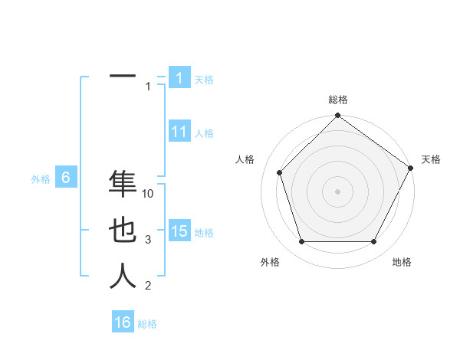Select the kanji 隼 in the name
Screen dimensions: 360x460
point(123,185)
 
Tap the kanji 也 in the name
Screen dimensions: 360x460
point(123,231)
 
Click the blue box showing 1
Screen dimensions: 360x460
point(179,77)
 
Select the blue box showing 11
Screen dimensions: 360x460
point(179,132)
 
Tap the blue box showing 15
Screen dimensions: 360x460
point(179,231)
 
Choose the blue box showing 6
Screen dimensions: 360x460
point(66,178)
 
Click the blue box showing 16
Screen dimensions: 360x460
point(123,322)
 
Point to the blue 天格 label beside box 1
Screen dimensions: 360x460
point(204,79)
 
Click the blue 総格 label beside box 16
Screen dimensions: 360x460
point(147,324)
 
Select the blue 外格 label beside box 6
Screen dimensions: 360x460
point(41,179)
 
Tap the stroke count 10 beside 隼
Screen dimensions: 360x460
point(148,194)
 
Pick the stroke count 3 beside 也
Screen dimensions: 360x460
point(148,240)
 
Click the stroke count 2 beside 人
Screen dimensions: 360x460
point(148,286)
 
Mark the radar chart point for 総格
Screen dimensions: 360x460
point(337,116)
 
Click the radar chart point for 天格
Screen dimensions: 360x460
point(410,169)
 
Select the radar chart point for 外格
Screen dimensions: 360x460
point(301,242)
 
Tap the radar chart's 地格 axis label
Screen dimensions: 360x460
point(402,262)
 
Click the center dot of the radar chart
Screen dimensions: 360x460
point(337,191)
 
